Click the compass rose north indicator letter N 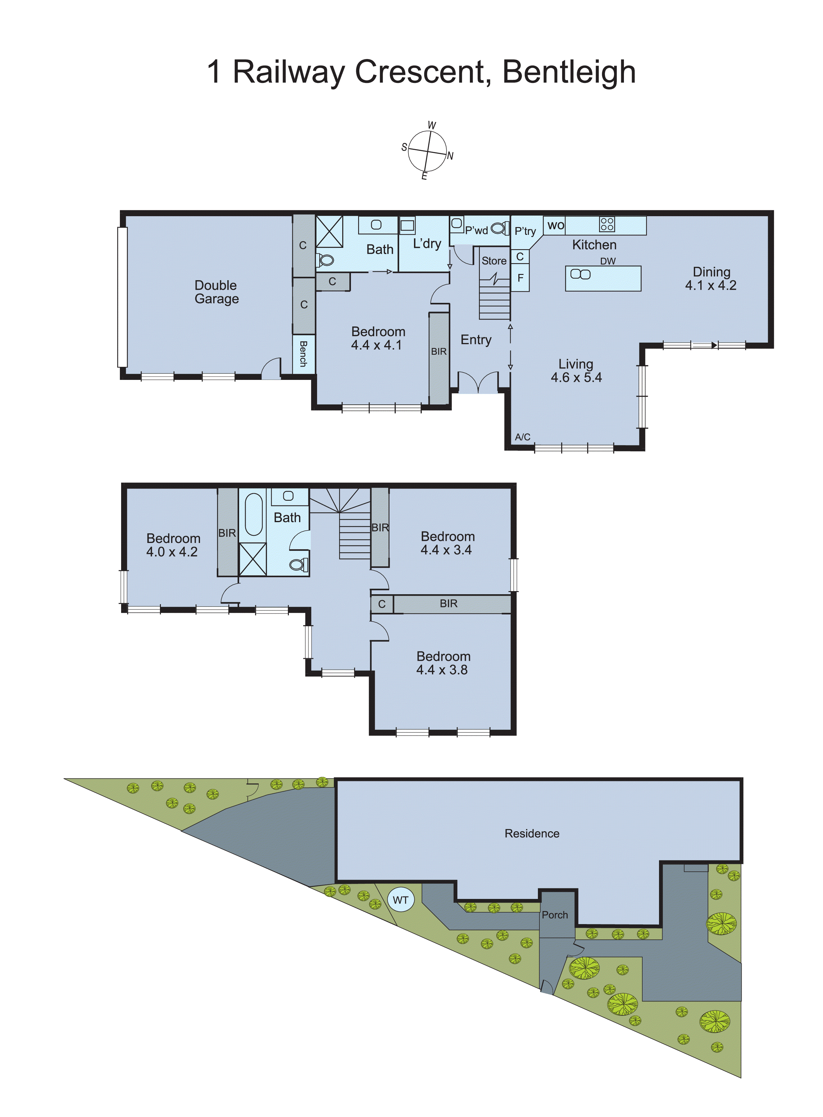(450, 156)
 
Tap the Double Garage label (216, 292)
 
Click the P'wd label (476, 230)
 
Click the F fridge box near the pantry (520, 278)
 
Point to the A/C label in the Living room (522, 437)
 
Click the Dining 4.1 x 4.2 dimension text (710, 285)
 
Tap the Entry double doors (478, 383)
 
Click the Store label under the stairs (494, 261)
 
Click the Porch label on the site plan (554, 915)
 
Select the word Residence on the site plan (532, 833)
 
